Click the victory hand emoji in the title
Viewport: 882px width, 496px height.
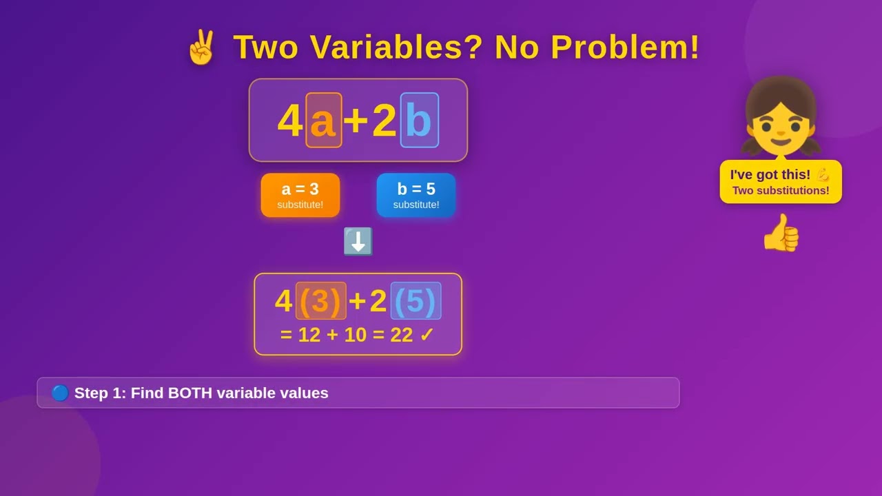coord(201,48)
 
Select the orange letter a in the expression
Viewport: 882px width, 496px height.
coord(323,121)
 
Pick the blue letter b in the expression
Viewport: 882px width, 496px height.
coord(419,121)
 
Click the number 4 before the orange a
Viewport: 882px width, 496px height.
coord(289,121)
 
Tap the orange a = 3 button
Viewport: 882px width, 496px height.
coord(300,195)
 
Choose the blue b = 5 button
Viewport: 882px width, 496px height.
coord(416,195)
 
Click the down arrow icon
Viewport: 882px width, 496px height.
coord(358,242)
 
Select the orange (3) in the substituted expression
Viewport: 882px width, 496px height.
coord(320,301)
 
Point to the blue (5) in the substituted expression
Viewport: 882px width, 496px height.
coord(416,301)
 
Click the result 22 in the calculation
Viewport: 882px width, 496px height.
coord(401,335)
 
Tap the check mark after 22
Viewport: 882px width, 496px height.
coord(427,335)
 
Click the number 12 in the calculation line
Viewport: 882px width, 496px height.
coord(309,335)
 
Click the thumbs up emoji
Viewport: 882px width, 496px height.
coord(781,233)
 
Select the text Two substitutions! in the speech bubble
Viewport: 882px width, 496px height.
coord(781,191)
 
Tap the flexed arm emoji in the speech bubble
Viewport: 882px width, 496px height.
coord(823,174)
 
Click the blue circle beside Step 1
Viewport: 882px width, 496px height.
coord(60,393)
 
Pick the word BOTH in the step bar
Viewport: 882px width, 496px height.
coord(189,393)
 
